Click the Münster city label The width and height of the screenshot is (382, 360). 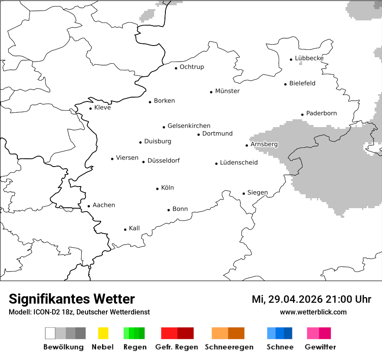227,91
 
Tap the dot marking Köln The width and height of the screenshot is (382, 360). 158,189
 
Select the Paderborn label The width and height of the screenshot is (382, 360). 321,113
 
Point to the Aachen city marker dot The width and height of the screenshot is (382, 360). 89,206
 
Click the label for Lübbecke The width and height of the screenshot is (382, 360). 309,58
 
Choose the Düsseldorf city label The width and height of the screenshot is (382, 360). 164,160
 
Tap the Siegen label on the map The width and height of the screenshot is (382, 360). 257,193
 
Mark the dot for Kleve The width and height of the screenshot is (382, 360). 91,108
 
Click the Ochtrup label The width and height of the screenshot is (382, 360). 191,67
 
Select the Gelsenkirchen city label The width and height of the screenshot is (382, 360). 189,126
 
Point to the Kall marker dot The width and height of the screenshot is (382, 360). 125,229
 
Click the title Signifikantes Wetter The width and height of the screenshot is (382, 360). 72,299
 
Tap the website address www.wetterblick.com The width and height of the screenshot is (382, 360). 313,312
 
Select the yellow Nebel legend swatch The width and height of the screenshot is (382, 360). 103,333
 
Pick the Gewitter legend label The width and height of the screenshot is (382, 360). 320,347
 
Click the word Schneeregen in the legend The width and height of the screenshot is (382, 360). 229,347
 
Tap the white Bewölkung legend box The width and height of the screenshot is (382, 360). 50,333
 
